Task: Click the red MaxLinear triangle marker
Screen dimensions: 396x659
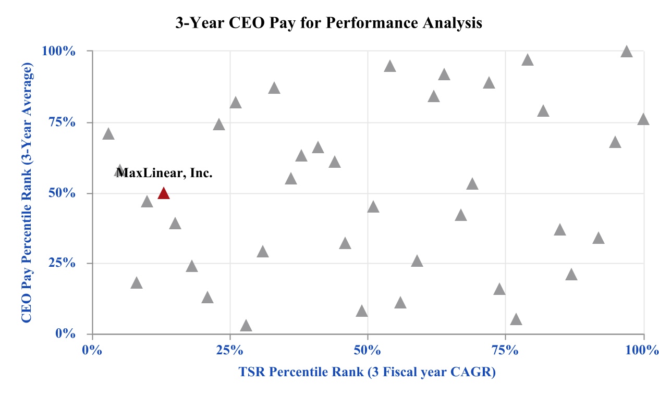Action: pyautogui.click(x=164, y=193)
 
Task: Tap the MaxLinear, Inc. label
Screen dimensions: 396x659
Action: pyautogui.click(x=164, y=173)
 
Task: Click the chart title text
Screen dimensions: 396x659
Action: pyautogui.click(x=328, y=23)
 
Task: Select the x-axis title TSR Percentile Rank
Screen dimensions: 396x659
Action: pyautogui.click(x=367, y=372)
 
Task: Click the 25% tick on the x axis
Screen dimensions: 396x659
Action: pyautogui.click(x=229, y=349)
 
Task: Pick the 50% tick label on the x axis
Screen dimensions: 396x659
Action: pyautogui.click(x=368, y=349)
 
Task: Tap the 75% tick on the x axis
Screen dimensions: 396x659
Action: pyautogui.click(x=505, y=349)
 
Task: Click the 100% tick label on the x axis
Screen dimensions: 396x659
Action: pyautogui.click(x=643, y=349)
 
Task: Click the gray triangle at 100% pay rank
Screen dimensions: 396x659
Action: pyautogui.click(x=627, y=52)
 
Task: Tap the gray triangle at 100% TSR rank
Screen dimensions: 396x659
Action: pyautogui.click(x=643, y=119)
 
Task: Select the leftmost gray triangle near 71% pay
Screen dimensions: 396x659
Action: pyautogui.click(x=108, y=134)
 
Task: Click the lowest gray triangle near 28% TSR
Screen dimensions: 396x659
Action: pyautogui.click(x=246, y=326)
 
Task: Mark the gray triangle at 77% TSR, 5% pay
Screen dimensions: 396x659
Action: pyautogui.click(x=516, y=319)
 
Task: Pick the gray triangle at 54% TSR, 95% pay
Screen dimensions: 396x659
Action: pyautogui.click(x=390, y=66)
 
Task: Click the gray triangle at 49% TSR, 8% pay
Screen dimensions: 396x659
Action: pyautogui.click(x=362, y=312)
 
